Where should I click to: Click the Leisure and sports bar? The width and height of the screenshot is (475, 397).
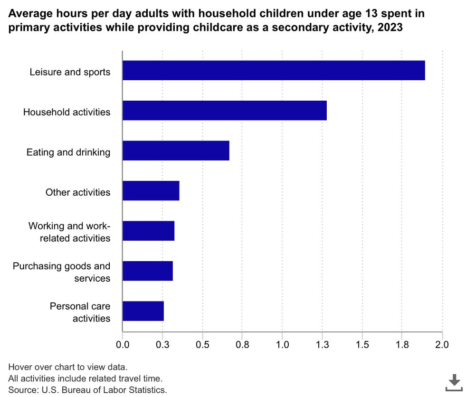pyautogui.click(x=274, y=70)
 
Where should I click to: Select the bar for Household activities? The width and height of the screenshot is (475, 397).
pyautogui.click(x=225, y=110)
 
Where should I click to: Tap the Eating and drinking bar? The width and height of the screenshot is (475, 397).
pyautogui.click(x=176, y=151)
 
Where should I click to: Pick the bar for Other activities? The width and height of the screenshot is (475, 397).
pyautogui.click(x=151, y=190)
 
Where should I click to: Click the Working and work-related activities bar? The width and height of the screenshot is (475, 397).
pyautogui.click(x=149, y=231)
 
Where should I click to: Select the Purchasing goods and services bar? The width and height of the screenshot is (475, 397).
pyautogui.click(x=148, y=271)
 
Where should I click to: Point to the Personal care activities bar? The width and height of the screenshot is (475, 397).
pyautogui.click(x=143, y=311)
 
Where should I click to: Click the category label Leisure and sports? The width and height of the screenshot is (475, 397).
pyautogui.click(x=70, y=72)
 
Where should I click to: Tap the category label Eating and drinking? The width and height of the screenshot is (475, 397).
pyautogui.click(x=68, y=152)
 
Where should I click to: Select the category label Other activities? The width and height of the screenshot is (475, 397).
pyautogui.click(x=78, y=192)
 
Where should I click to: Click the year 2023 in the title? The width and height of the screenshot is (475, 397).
pyautogui.click(x=391, y=28)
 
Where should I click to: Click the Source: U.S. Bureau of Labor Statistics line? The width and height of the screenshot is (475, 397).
pyautogui.click(x=88, y=390)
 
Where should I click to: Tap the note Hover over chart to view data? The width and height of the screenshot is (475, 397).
pyautogui.click(x=68, y=367)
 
